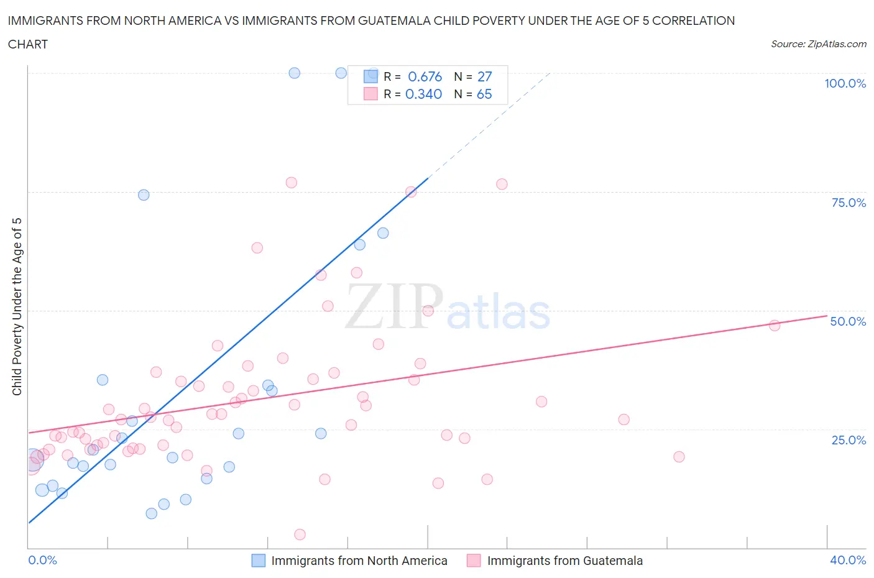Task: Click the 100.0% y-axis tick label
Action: click(x=845, y=83)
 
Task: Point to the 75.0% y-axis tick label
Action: click(x=849, y=203)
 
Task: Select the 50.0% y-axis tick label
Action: click(x=848, y=321)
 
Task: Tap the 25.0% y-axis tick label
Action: click(x=849, y=440)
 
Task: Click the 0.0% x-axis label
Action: click(x=42, y=560)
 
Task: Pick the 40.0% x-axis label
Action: click(x=848, y=560)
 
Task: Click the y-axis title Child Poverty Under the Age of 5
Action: click(x=17, y=306)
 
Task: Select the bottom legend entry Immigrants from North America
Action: click(x=359, y=561)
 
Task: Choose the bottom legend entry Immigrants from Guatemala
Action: click(x=564, y=561)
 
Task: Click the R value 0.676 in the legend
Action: click(x=425, y=76)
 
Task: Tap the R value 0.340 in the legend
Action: click(x=423, y=94)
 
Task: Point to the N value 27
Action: click(x=484, y=76)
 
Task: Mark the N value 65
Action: click(x=484, y=94)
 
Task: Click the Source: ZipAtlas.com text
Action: click(x=818, y=44)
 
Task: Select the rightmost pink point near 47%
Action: click(x=775, y=325)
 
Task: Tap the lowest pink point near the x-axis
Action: click(x=300, y=534)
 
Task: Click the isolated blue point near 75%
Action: click(x=144, y=195)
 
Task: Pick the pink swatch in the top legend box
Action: click(x=370, y=94)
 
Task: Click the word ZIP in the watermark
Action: click(x=393, y=306)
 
